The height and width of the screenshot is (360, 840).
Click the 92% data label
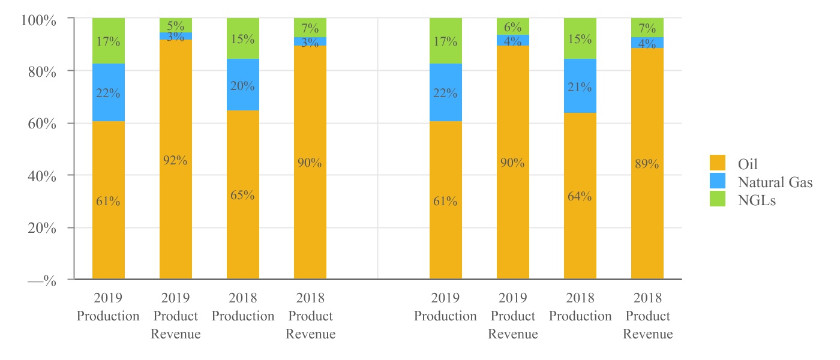(x=176, y=160)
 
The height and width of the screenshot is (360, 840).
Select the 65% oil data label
(x=243, y=195)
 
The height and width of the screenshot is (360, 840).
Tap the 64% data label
(x=580, y=196)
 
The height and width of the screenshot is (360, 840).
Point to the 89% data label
(x=647, y=164)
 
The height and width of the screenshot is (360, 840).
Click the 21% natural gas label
(x=580, y=87)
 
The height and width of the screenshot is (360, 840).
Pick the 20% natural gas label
(x=243, y=86)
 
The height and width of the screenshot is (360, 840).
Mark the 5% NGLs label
(x=176, y=26)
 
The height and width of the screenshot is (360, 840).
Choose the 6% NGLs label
(x=513, y=27)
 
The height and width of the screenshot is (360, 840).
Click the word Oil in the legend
(x=750, y=164)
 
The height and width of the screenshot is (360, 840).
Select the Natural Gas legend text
(x=775, y=182)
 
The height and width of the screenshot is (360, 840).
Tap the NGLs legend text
(x=757, y=200)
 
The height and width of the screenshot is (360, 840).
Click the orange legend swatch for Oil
(x=718, y=163)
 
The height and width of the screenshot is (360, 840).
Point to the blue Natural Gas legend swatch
(x=718, y=182)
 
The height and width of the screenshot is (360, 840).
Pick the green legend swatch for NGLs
(x=718, y=200)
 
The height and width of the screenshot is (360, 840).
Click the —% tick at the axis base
(x=42, y=281)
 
